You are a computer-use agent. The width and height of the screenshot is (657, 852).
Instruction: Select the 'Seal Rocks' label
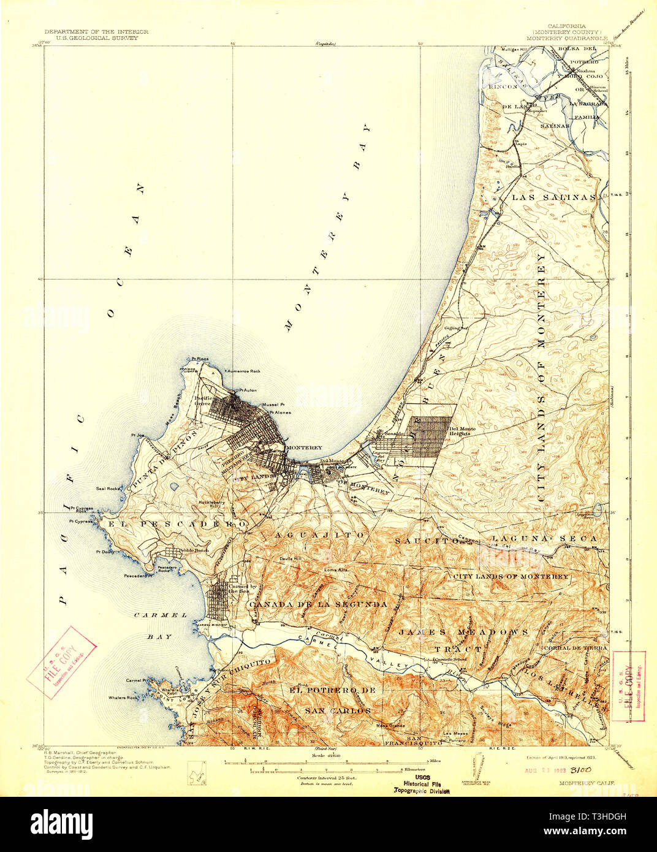coord(107,489)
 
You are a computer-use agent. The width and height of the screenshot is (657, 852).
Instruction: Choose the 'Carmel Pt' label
coord(137,680)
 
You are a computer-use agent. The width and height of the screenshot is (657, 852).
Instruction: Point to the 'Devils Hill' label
coord(291,558)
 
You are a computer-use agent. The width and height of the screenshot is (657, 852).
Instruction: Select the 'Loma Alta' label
coord(336,569)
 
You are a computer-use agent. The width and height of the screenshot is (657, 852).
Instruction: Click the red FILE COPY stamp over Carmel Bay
coord(62,662)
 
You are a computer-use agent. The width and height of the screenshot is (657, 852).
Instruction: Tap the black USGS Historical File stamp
coord(420,784)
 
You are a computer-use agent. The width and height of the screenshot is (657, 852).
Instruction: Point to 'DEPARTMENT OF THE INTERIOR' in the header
coord(96,32)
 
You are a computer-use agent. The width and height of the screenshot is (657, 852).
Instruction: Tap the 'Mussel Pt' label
coord(273,405)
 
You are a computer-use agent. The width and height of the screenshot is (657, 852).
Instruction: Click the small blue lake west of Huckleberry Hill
coord(173,487)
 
